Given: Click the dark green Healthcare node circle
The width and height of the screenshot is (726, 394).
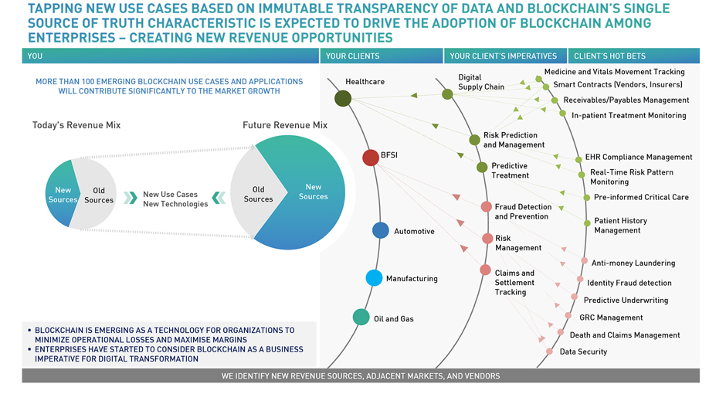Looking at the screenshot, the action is click(x=343, y=98).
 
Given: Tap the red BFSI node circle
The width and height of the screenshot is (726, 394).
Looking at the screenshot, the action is click(x=371, y=158).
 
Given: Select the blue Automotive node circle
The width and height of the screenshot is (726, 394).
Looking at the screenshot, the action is click(x=381, y=230).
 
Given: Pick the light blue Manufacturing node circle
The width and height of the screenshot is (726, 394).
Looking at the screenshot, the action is click(x=374, y=278).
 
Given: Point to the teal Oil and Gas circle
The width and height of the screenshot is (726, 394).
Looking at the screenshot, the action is click(x=361, y=318).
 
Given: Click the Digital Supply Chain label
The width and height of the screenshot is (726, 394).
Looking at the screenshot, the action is click(x=481, y=82).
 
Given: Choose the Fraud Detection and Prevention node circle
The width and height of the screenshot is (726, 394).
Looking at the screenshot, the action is click(x=486, y=207).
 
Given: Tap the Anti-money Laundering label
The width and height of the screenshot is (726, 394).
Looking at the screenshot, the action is click(x=633, y=263).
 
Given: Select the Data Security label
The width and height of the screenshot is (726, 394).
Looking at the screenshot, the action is click(x=583, y=352).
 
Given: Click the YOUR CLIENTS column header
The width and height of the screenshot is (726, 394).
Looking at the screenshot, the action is click(x=352, y=56).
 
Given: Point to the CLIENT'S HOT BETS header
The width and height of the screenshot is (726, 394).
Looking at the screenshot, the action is click(x=610, y=56).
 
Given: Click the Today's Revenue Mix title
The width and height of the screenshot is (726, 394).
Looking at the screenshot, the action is click(x=76, y=125).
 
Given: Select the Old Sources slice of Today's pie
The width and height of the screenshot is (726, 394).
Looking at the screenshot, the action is click(x=95, y=195).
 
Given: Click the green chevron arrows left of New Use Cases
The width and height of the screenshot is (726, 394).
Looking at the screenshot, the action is click(x=130, y=198).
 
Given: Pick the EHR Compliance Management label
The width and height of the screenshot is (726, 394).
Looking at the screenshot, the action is click(x=639, y=157).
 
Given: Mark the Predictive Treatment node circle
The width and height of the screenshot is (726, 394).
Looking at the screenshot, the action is click(x=482, y=167).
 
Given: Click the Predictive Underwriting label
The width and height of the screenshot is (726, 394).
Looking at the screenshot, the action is click(x=626, y=300).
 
